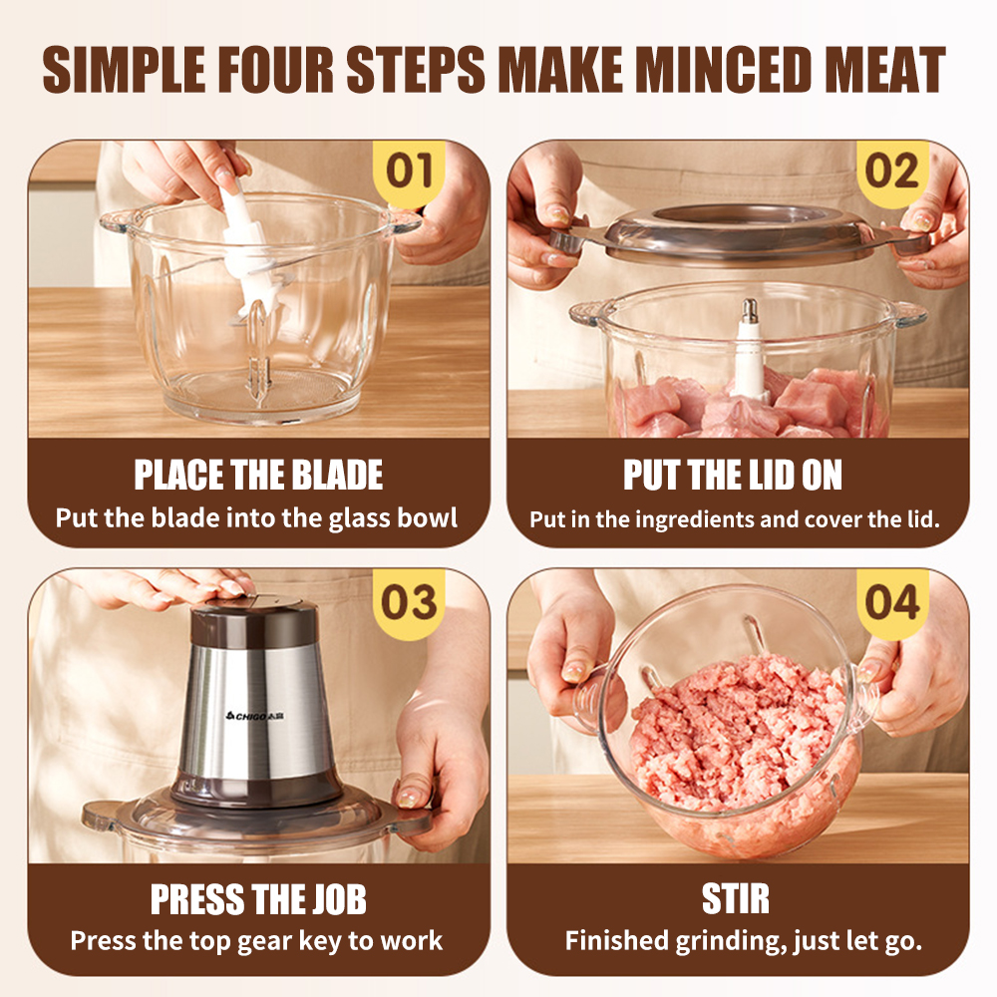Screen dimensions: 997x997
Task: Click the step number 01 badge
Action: pyautogui.click(x=409, y=171)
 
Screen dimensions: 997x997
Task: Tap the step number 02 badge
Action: pyautogui.click(x=892, y=171)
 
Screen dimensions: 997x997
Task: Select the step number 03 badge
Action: pyautogui.click(x=409, y=602)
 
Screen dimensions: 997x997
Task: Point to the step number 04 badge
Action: pyautogui.click(x=892, y=602)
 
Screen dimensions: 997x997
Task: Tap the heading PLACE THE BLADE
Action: pyautogui.click(x=258, y=475)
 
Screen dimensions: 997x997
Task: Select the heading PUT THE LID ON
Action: pyautogui.click(x=733, y=475)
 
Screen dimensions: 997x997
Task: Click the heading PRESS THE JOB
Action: pyautogui.click(x=258, y=899)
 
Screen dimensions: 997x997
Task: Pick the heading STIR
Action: pyautogui.click(x=736, y=899)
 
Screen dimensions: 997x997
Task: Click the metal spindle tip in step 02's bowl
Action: pyautogui.click(x=751, y=310)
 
